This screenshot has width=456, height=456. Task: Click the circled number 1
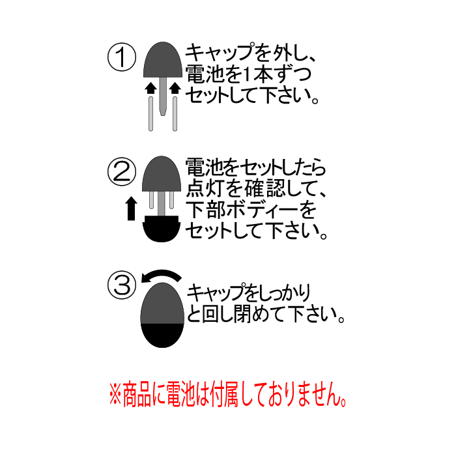pyautogui.click(x=122, y=57)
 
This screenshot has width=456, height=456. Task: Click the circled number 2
pyautogui.click(x=122, y=171)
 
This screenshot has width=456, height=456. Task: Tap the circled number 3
pyautogui.click(x=122, y=285)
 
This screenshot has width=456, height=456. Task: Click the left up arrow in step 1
pyautogui.click(x=150, y=88)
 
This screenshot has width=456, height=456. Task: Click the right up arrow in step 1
pyautogui.click(x=175, y=88)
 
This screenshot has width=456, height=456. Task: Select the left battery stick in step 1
pyautogui.click(x=150, y=114)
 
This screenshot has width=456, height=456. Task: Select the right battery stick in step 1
pyautogui.click(x=175, y=114)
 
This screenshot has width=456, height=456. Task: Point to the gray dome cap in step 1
pyautogui.click(x=163, y=60)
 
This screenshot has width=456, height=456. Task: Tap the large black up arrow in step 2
pyautogui.click(x=131, y=208)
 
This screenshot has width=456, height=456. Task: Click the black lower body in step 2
pyautogui.click(x=162, y=229)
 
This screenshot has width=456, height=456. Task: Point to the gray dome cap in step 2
pyautogui.click(x=162, y=174)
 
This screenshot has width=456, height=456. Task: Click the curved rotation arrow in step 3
pyautogui.click(x=162, y=275)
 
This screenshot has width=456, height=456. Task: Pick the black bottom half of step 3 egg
pyautogui.click(x=162, y=334)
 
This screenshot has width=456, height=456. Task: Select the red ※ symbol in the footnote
pyautogui.click(x=115, y=394)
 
